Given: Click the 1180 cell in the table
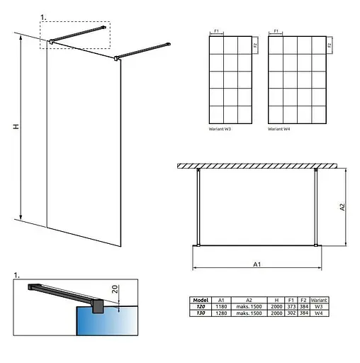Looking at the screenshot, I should (222, 306).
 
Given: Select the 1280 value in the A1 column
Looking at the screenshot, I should (222, 312).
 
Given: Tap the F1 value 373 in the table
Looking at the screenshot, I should (292, 306).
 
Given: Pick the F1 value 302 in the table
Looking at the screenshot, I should (292, 312).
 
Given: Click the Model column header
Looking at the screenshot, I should (201, 300).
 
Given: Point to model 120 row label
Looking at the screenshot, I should (201, 306).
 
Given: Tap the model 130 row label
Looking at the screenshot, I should (201, 312).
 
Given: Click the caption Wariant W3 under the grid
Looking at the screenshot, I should (221, 131).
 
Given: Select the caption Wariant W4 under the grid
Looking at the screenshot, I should (280, 131).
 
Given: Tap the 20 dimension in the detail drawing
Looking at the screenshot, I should (114, 290).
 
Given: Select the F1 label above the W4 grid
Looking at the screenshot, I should (276, 30).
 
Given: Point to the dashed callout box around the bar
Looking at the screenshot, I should (76, 34).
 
